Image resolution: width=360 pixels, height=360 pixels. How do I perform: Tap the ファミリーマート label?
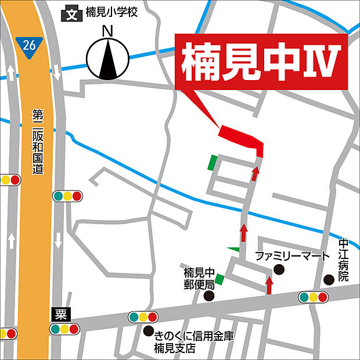pos(293,256)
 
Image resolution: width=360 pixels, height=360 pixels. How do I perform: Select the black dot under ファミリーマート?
pos(279,269)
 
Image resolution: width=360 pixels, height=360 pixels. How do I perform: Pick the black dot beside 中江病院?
pos(329,279)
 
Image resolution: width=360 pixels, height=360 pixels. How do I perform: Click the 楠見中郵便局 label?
pos(199,278)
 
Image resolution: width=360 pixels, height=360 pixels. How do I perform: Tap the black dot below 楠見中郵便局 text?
pos(209,296)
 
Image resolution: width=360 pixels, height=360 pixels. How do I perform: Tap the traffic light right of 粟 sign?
pos(64,329)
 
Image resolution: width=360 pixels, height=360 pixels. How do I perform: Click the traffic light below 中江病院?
pos(314,297)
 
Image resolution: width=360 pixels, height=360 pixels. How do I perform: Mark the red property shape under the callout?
pos(242,139)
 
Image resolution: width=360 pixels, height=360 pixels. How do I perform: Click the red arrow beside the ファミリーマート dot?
pos(269,285)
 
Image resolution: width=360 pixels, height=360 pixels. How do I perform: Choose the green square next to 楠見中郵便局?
pos(219,280)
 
